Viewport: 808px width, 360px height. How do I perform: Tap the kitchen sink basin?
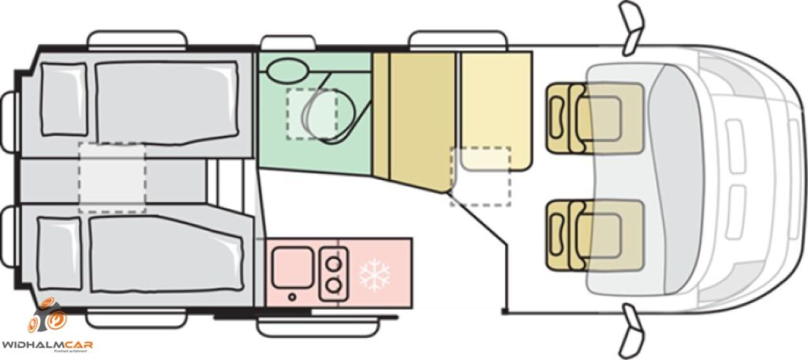[x=292, y=267]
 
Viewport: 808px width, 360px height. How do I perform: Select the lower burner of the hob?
[x=334, y=286]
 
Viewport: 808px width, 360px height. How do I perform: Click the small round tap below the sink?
[x=292, y=297]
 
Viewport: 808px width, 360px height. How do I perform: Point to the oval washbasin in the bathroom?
[x=286, y=69]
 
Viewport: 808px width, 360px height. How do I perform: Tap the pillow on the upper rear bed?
[x=63, y=100]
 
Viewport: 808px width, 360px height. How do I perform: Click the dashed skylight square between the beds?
[x=112, y=177]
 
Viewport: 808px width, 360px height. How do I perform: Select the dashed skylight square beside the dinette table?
[x=480, y=176]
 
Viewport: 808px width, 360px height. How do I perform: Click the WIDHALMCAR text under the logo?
[x=47, y=344]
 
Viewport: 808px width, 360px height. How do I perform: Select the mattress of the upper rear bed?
[x=167, y=100]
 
